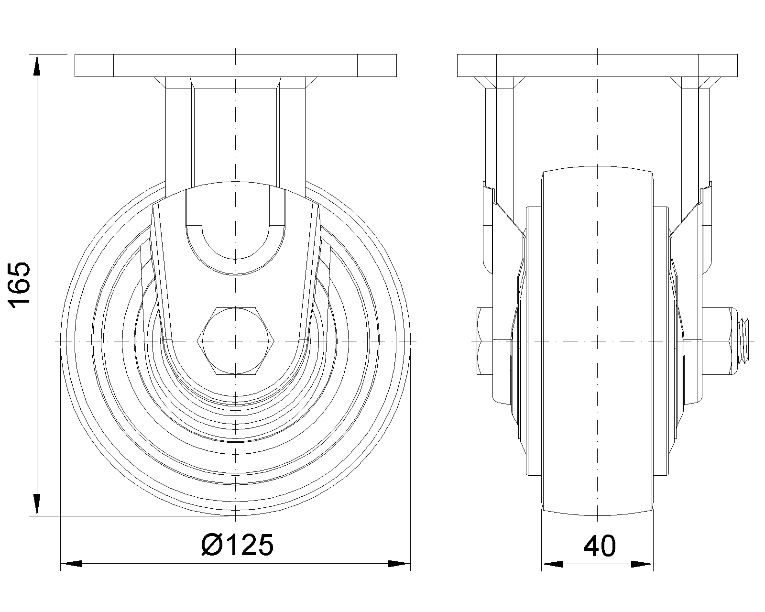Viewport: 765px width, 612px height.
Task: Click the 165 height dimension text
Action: (20, 285)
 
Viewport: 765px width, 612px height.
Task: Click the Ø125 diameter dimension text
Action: (238, 545)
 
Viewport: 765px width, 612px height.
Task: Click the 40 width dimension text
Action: (600, 546)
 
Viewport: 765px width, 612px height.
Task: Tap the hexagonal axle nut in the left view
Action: (236, 341)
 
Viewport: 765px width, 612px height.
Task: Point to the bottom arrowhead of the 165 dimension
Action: (37, 505)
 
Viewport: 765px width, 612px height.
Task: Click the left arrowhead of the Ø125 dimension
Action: (71, 564)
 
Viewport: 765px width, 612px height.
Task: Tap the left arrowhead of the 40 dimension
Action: (552, 564)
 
